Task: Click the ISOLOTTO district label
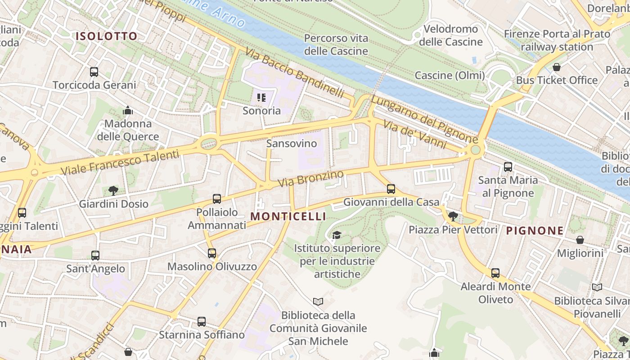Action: (x=106, y=36)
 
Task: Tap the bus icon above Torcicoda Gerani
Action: (x=94, y=72)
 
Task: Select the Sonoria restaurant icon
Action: (x=262, y=97)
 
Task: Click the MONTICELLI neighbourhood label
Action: (x=288, y=216)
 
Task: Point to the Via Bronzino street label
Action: (x=310, y=179)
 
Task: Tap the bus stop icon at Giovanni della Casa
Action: (x=391, y=189)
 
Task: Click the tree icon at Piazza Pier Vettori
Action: (x=453, y=216)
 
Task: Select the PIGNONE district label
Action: (x=535, y=231)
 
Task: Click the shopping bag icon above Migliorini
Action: (x=580, y=240)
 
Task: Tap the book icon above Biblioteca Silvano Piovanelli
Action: (x=597, y=287)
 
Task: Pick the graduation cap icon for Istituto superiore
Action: (x=336, y=235)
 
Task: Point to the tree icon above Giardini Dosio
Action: (x=113, y=191)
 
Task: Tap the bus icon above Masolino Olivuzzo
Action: (x=212, y=253)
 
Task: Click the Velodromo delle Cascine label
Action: (x=450, y=36)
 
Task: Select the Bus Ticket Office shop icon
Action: (x=557, y=67)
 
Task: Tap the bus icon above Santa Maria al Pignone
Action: (x=508, y=167)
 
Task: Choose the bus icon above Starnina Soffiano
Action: (x=202, y=322)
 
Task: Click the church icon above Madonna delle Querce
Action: (x=128, y=110)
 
